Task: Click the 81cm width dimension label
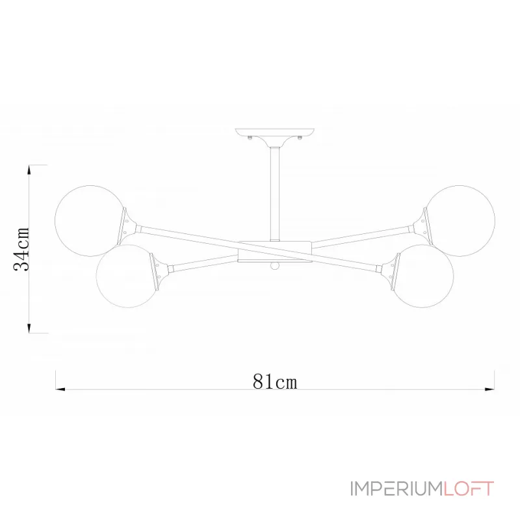click(x=274, y=382)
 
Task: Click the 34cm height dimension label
click(x=21, y=249)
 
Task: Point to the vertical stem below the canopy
click(x=274, y=194)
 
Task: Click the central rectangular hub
click(x=274, y=252)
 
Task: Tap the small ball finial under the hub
click(x=274, y=266)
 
